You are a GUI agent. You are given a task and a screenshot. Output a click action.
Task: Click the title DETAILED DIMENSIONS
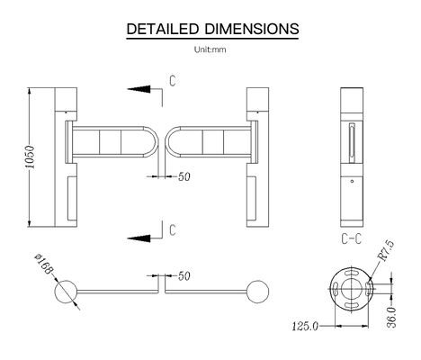pyautogui.click(x=210, y=29)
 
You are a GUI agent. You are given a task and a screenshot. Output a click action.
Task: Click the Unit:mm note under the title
pyautogui.click(x=210, y=50)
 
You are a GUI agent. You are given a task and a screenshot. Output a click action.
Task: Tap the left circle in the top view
pyautogui.click(x=67, y=292)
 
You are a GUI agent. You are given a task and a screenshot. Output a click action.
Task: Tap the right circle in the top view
pyautogui.click(x=260, y=292)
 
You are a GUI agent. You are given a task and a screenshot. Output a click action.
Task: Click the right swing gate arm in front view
pyautogui.click(x=210, y=142)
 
